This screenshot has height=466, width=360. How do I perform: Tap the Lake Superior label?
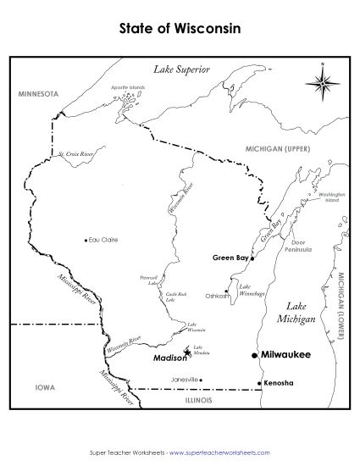pyautogui.click(x=180, y=69)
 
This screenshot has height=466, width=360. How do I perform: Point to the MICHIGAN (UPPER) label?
pyautogui.click(x=276, y=147)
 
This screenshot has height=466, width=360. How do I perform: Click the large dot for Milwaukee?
pyautogui.click(x=254, y=356)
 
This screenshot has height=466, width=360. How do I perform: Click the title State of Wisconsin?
pyautogui.click(x=180, y=28)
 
